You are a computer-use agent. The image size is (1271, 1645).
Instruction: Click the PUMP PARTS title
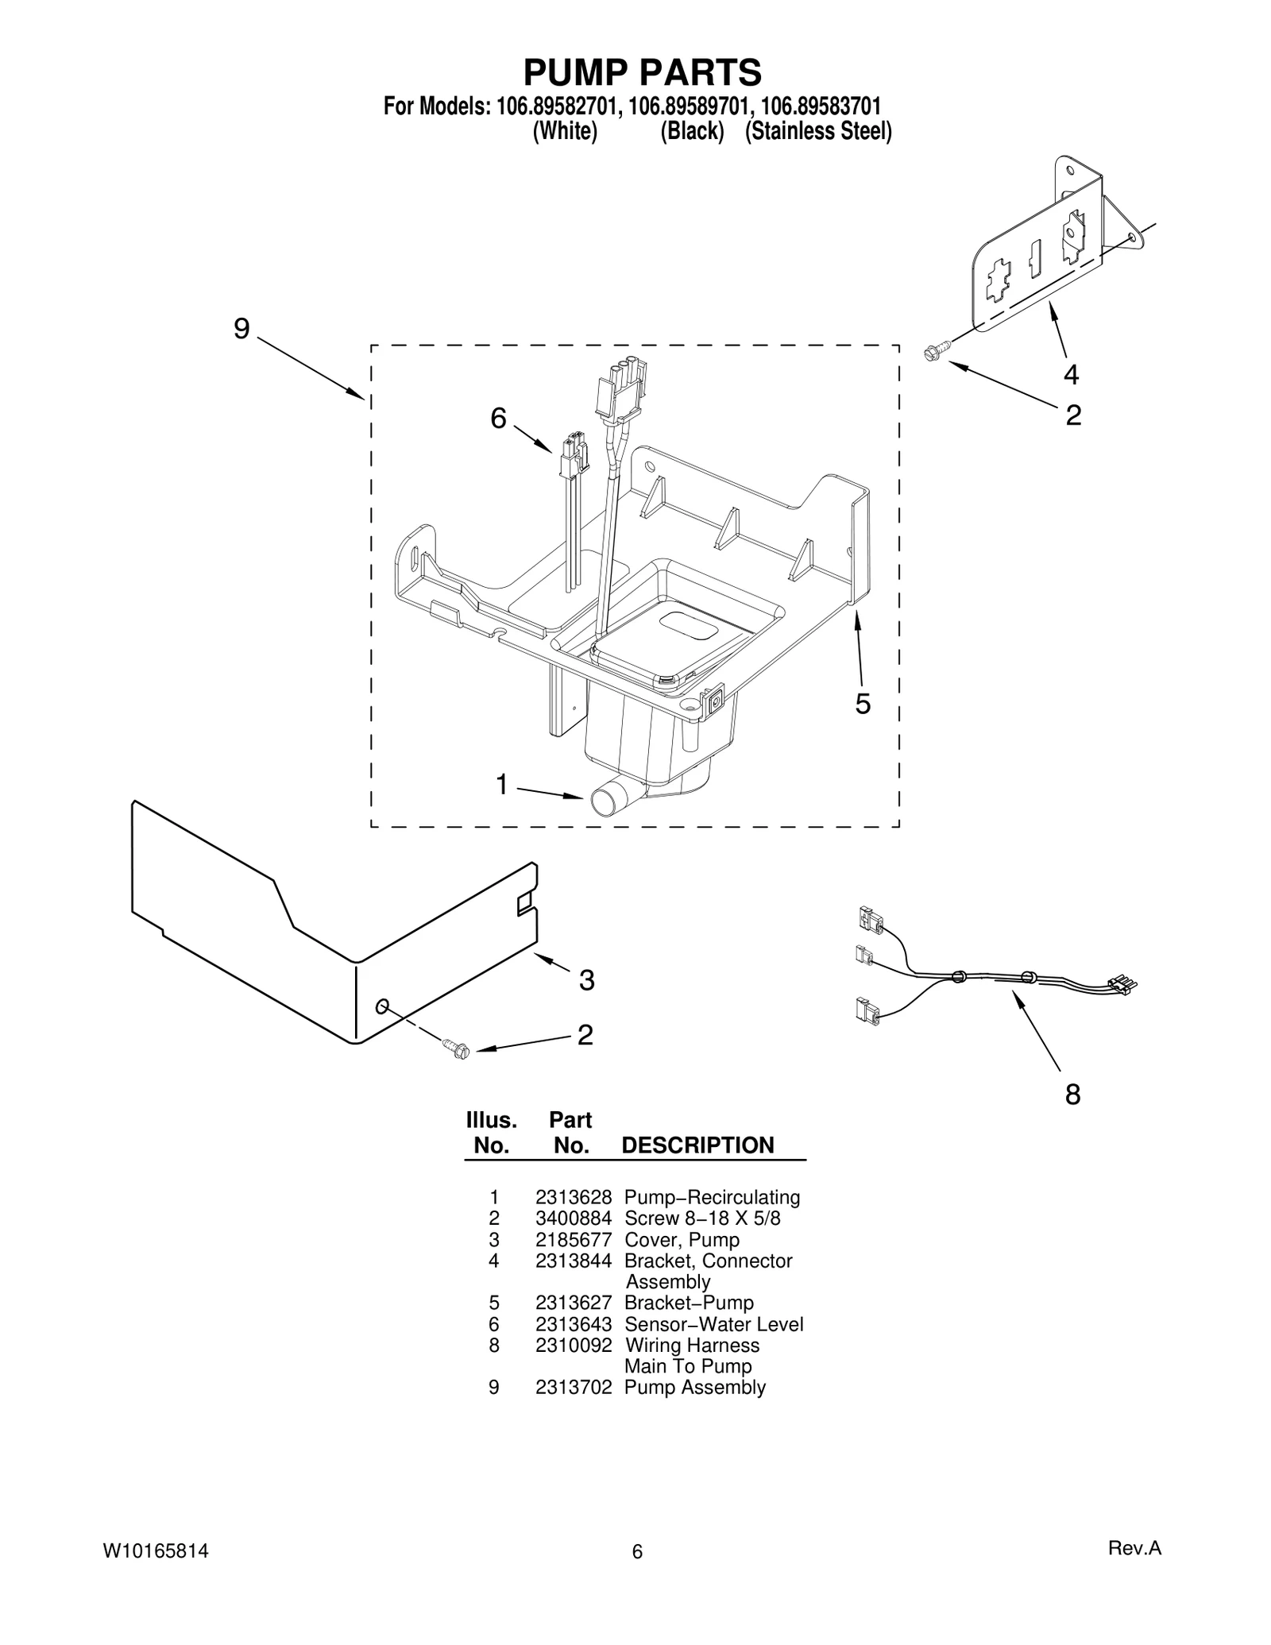(x=641, y=72)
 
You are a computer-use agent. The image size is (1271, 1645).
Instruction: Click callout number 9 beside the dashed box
(x=241, y=329)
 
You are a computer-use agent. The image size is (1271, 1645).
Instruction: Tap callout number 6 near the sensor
(x=498, y=418)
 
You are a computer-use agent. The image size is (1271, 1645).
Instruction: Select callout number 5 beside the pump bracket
(x=863, y=704)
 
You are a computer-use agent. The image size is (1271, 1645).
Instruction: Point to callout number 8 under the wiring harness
(x=1072, y=1095)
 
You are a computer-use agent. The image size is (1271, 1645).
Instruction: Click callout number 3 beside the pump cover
(x=586, y=980)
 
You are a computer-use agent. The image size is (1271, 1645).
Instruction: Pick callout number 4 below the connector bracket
(x=1071, y=373)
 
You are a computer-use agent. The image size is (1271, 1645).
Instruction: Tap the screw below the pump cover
(x=458, y=1048)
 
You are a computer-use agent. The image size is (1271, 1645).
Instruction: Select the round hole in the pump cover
(x=382, y=1006)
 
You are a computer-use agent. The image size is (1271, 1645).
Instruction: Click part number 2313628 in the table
(x=573, y=1219)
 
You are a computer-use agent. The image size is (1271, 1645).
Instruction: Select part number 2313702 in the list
(x=573, y=1409)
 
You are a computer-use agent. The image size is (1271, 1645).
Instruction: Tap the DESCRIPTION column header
(x=697, y=1145)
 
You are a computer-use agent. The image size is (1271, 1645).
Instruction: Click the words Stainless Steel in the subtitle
(x=818, y=131)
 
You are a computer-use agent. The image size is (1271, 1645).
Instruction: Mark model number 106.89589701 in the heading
(x=688, y=106)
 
